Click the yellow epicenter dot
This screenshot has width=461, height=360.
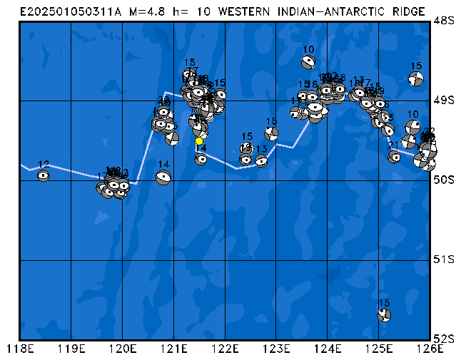[199, 141]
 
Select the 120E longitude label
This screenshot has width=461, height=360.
[122, 349]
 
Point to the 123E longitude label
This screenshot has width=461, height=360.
[275, 349]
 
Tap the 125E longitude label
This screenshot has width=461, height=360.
[378, 349]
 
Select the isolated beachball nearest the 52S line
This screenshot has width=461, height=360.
[384, 314]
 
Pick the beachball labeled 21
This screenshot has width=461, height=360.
[394, 157]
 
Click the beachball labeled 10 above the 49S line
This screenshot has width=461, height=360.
[308, 62]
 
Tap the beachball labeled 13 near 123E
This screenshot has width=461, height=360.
[261, 160]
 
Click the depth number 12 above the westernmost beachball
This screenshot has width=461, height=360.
[44, 165]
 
